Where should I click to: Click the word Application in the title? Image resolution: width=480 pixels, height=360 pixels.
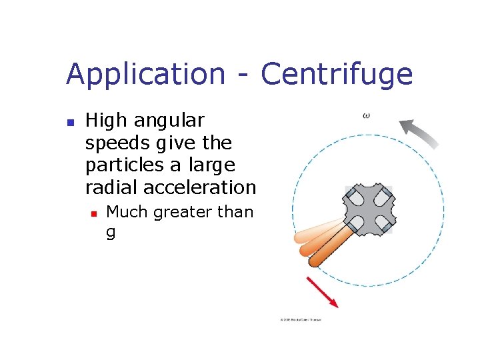point(145,75)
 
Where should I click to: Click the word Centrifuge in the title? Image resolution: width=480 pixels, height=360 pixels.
point(337,75)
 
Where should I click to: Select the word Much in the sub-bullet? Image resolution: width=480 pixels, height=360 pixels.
point(127,212)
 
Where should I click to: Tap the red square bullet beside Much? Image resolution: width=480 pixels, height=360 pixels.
point(93,213)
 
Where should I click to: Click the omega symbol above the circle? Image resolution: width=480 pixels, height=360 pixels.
point(366,115)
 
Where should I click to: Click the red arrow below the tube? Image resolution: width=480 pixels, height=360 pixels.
point(322,292)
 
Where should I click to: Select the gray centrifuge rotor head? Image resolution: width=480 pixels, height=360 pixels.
point(368,209)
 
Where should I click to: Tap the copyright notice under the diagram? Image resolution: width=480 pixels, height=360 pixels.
point(301,320)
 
